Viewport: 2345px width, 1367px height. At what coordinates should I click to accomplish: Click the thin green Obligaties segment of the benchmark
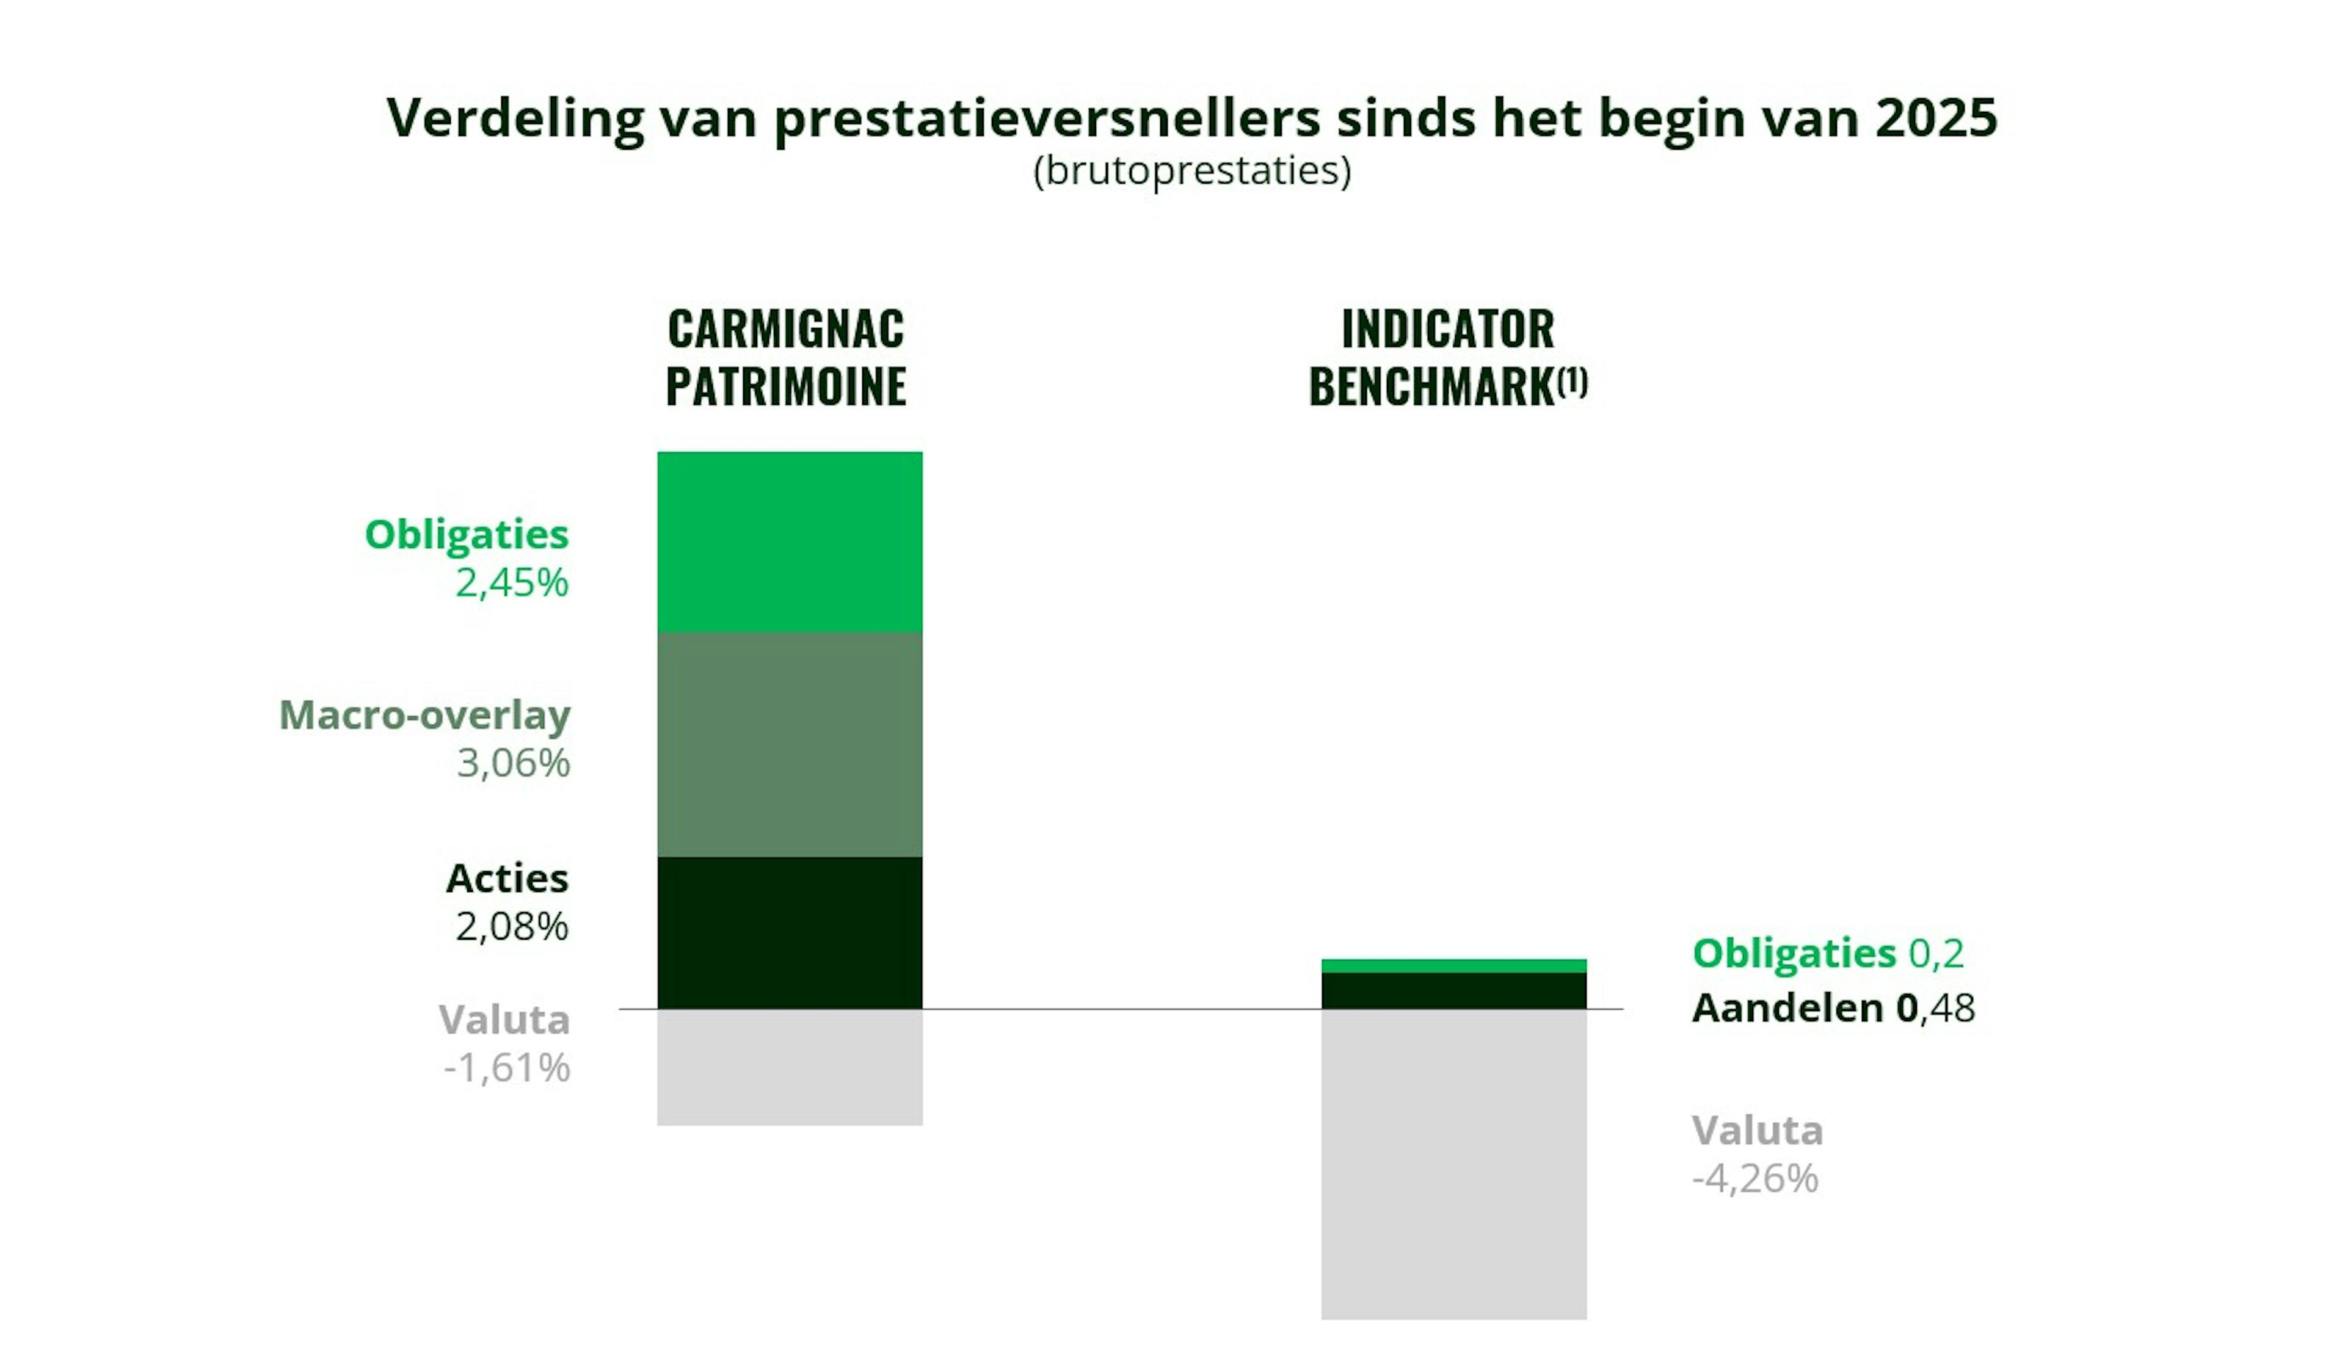coord(1453,966)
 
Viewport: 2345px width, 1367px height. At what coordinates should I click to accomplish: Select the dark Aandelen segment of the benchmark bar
coord(1453,990)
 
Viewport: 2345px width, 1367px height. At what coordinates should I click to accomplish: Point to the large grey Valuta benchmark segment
coord(1453,1163)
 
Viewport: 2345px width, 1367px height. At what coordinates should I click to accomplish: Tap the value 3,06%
coord(513,764)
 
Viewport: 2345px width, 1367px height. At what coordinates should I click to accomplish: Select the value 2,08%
coord(511,927)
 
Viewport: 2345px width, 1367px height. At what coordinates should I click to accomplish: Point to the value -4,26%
coord(1755,1179)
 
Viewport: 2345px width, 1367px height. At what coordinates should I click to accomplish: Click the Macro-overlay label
coord(424,716)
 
